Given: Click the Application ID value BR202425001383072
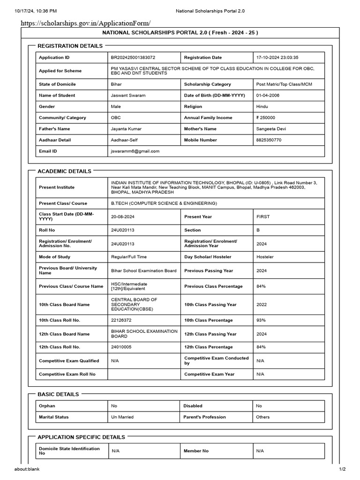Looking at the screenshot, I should point(133,58).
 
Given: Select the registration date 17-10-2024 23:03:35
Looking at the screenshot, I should point(277,58).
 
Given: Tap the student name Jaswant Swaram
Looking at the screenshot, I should point(128,96).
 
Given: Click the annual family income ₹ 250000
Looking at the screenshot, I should point(266,118).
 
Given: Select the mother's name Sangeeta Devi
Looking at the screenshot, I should point(270,129).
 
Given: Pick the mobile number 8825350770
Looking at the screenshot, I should point(269,140).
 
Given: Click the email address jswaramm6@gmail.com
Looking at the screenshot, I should point(135,151).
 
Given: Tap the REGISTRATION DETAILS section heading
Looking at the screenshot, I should point(70,46).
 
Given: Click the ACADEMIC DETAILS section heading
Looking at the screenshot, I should point(64,172).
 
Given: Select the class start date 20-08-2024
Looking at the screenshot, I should point(123,217).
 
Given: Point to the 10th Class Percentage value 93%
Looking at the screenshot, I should point(261,320).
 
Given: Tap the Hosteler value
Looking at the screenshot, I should point(265,257).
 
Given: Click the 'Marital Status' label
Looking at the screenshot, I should point(53,417).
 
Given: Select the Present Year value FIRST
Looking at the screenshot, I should point(263,217).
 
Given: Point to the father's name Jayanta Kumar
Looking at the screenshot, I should point(126,129).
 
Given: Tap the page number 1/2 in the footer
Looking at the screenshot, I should point(342,469).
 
